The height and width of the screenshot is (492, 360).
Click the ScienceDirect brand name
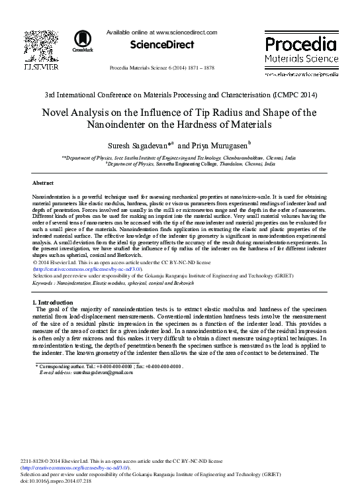click(162, 44)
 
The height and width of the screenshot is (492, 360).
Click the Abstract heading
click(43, 182)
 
